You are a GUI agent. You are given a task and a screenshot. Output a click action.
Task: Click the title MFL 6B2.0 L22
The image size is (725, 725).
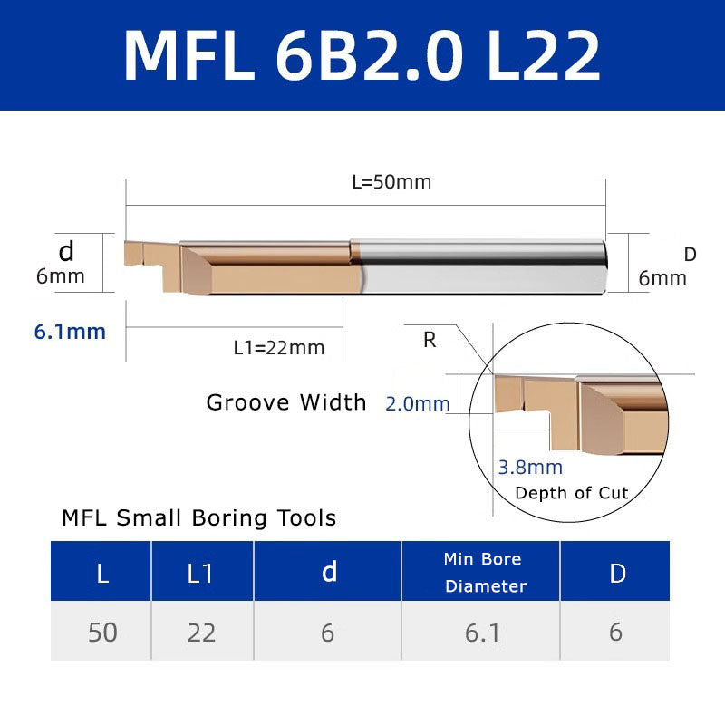(x=362, y=55)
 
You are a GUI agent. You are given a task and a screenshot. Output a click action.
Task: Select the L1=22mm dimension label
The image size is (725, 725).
(x=278, y=347)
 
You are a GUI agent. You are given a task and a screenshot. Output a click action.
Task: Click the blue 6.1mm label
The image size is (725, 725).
(x=70, y=332)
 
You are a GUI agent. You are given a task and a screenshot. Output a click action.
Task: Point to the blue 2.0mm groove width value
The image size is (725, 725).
(x=417, y=404)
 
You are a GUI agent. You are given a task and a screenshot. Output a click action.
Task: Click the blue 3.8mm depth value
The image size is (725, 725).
(x=530, y=468)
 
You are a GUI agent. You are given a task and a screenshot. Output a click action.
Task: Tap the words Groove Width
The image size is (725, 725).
(x=286, y=402)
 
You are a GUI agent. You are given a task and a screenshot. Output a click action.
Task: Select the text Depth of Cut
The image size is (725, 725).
(x=571, y=493)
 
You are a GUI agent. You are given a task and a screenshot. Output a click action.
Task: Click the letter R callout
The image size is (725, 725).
(x=430, y=341)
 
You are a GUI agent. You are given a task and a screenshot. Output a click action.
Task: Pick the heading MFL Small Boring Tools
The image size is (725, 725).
(x=198, y=518)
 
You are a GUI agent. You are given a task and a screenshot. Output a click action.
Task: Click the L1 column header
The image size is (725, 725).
(x=201, y=573)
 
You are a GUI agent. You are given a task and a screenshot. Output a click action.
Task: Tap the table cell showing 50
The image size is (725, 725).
(x=102, y=632)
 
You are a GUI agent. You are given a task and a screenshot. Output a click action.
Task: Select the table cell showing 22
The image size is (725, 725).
(x=201, y=632)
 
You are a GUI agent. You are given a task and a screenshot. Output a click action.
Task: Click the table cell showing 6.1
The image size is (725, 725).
(x=482, y=632)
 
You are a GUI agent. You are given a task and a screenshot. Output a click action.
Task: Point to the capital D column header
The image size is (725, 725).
(x=617, y=573)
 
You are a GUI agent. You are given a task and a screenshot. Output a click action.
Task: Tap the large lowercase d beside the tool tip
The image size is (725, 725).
(x=65, y=251)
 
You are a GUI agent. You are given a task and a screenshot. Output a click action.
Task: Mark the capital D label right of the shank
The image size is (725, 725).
(x=690, y=255)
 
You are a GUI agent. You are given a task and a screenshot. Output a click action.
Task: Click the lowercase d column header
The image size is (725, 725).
(x=329, y=572)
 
